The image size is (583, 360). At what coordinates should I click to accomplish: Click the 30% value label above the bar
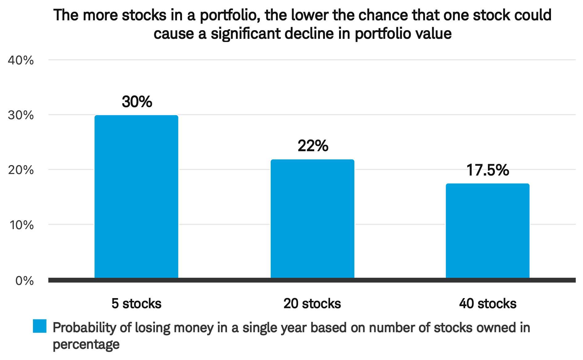pos(137,102)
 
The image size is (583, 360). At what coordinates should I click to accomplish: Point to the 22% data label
pos(313,146)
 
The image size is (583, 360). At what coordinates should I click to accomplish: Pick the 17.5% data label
pos(488,170)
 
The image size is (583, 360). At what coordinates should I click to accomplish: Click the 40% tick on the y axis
pos(21,60)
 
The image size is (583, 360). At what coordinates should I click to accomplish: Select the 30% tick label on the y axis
pos(21,115)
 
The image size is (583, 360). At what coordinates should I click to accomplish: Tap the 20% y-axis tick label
pos(21,170)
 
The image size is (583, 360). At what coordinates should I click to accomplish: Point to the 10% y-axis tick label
pos(21,225)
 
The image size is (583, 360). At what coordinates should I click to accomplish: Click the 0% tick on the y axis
pos(24,281)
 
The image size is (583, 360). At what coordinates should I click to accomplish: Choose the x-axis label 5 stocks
pos(136,304)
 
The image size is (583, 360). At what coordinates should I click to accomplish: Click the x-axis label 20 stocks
pos(312,304)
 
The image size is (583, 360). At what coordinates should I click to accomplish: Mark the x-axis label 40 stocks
pos(488,304)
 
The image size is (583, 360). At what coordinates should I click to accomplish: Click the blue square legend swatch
pos(40,326)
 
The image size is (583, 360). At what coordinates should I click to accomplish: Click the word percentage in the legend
pos(86,344)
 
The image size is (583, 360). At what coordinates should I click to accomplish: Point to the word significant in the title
pos(246,33)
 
